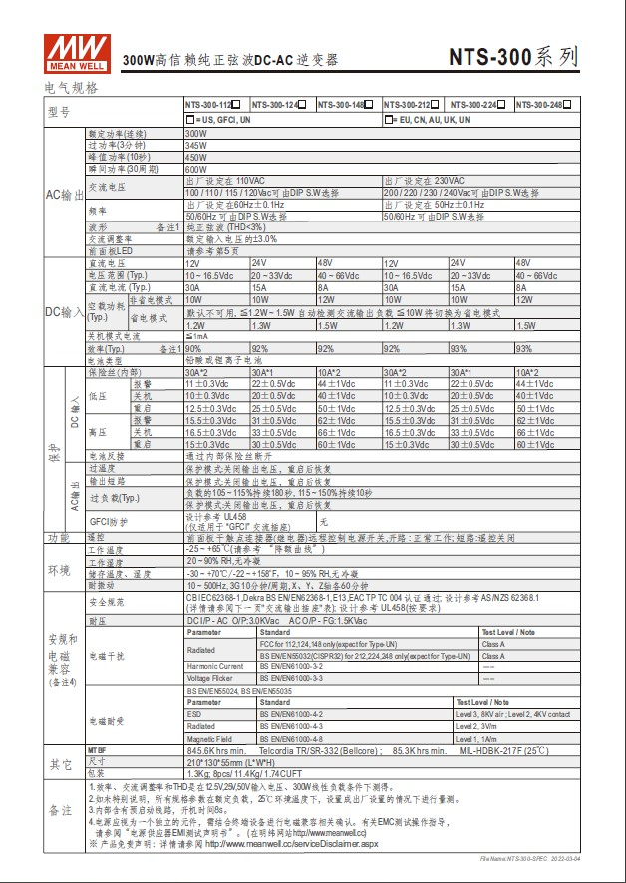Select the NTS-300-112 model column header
(x=211, y=105)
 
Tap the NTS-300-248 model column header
(x=543, y=105)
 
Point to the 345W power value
(x=196, y=145)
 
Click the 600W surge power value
(x=196, y=170)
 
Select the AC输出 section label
(x=66, y=194)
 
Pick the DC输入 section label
(x=66, y=312)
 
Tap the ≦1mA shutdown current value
(x=196, y=337)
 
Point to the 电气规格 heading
(x=72, y=88)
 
